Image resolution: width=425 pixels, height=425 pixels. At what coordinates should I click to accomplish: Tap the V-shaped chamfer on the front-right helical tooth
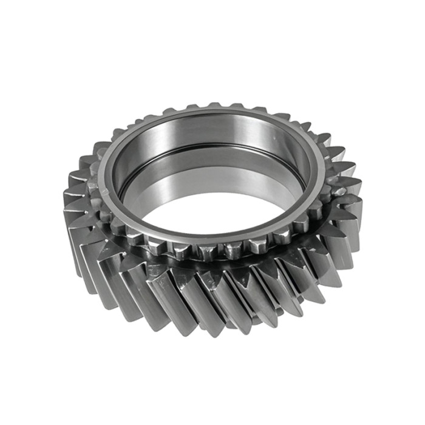point(304,285)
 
